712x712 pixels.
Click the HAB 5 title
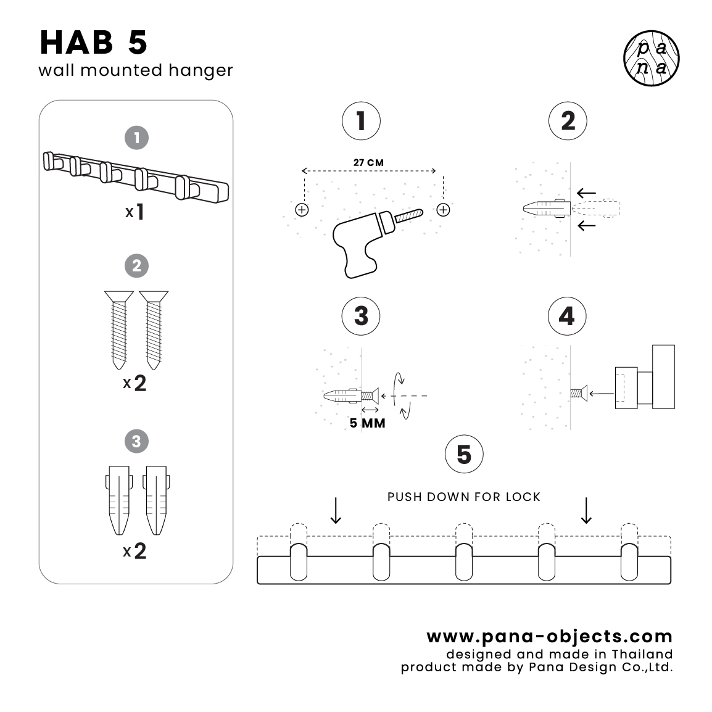tap(94, 43)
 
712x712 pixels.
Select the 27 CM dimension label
tap(368, 163)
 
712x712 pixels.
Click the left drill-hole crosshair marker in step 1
tap(302, 210)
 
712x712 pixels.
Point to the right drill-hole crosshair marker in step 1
tap(443, 210)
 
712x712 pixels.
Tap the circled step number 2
tap(568, 121)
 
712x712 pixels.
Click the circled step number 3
tap(361, 316)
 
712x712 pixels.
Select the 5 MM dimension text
tap(367, 423)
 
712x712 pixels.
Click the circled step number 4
tap(567, 316)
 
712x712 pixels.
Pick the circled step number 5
tap(464, 455)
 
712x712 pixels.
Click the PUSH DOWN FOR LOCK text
tap(464, 497)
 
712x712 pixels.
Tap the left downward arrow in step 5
tap(336, 510)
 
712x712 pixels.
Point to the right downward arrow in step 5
tap(586, 510)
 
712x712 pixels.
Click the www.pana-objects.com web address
tap(549, 636)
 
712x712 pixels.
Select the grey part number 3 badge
tap(136, 441)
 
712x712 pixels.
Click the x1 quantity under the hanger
tap(135, 212)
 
